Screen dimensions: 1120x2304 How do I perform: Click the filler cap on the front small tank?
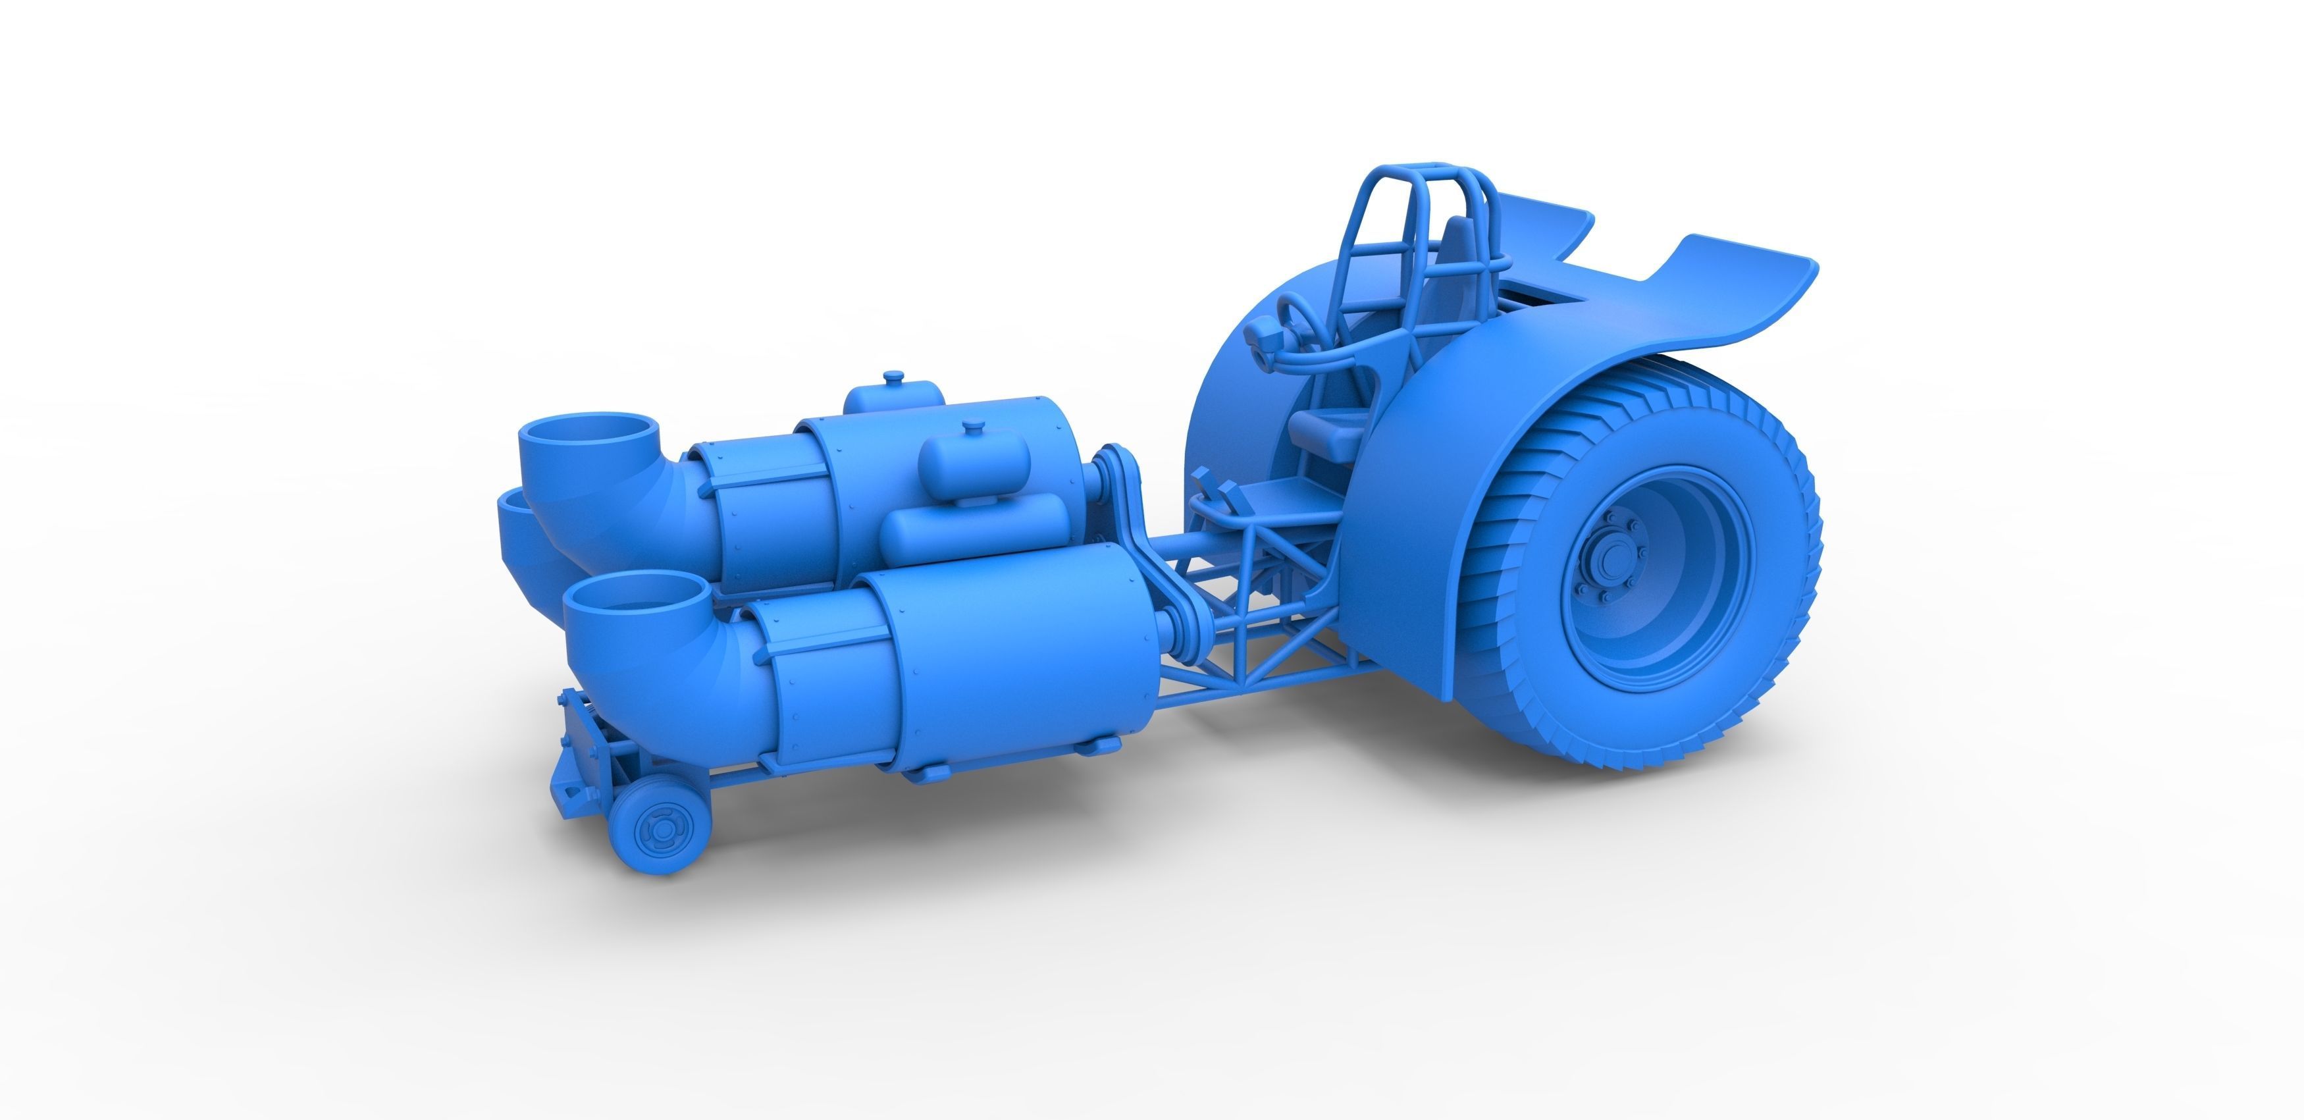tap(972, 427)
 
